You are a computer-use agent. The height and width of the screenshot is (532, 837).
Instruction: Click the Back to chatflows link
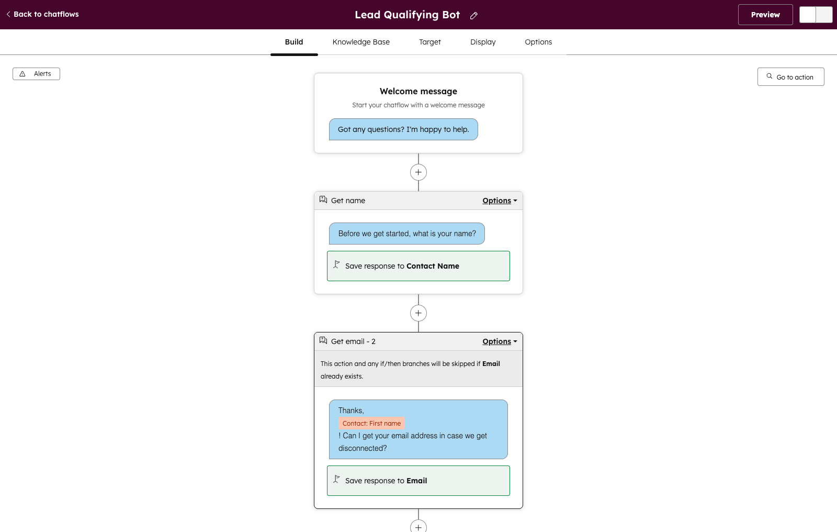pyautogui.click(x=42, y=14)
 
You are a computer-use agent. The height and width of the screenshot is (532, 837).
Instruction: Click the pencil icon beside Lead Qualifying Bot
pyautogui.click(x=473, y=15)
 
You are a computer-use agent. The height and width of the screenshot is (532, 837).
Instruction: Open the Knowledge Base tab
pyautogui.click(x=361, y=42)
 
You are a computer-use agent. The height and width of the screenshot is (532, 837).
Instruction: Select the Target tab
pyautogui.click(x=429, y=42)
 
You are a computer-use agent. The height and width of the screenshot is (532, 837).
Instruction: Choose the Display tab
pyautogui.click(x=483, y=42)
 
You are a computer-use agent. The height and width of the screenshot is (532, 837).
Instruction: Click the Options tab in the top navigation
pyautogui.click(x=538, y=42)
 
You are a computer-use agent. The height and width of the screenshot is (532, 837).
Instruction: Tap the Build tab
pyautogui.click(x=293, y=42)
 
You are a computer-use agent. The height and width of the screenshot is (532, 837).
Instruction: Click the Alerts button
pyautogui.click(x=36, y=74)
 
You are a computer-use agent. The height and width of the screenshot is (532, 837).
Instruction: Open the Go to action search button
pyautogui.click(x=790, y=76)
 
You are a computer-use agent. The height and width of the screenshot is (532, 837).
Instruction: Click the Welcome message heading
pyautogui.click(x=418, y=91)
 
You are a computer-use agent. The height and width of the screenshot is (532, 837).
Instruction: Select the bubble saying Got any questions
pyautogui.click(x=403, y=129)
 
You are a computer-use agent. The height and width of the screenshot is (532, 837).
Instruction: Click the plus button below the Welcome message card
pyautogui.click(x=418, y=172)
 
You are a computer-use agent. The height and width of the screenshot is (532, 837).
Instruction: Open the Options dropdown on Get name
pyautogui.click(x=500, y=201)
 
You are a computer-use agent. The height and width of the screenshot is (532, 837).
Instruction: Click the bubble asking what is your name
pyautogui.click(x=407, y=234)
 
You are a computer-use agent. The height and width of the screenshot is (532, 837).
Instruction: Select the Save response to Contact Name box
pyautogui.click(x=418, y=266)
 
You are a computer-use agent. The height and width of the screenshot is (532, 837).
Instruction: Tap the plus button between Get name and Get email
pyautogui.click(x=418, y=313)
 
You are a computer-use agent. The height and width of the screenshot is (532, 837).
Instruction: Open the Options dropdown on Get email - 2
pyautogui.click(x=500, y=341)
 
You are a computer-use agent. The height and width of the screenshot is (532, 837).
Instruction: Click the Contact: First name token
pyautogui.click(x=371, y=423)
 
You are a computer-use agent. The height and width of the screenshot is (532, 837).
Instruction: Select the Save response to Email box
pyautogui.click(x=418, y=481)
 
